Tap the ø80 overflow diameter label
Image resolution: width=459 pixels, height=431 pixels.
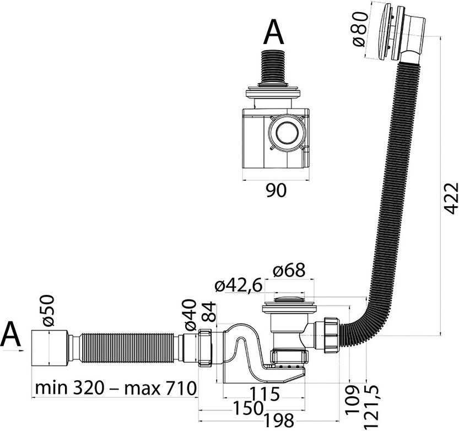pos(359,29)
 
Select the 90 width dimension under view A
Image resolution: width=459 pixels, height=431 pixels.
pos(277,191)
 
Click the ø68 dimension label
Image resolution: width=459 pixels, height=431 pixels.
pos(289,270)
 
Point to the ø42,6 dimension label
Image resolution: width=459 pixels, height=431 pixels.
pos(238,285)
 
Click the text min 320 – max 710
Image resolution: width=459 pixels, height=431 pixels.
pos(116,388)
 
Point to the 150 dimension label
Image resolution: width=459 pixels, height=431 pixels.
pos(246,408)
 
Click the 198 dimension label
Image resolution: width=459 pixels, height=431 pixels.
pos(279,421)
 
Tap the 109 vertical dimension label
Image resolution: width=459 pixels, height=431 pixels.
pos(353,400)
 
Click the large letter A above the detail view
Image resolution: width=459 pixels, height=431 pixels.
pos(274,33)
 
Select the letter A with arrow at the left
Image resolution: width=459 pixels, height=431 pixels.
pos(11,336)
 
